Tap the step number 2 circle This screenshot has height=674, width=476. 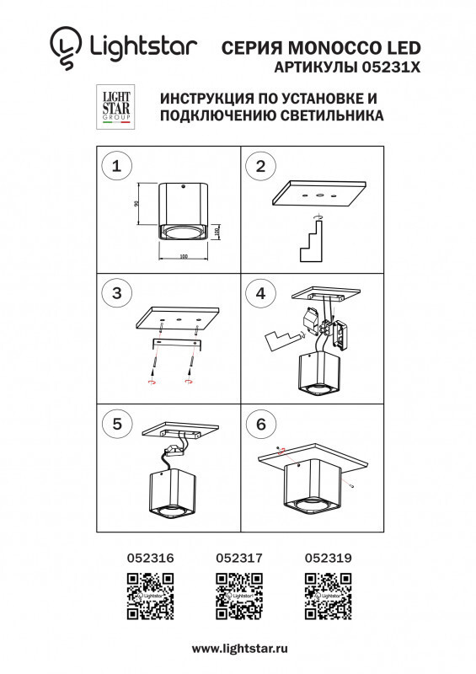pos(260,166)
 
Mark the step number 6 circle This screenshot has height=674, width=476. pos(260,424)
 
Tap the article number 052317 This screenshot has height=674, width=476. pos(240,557)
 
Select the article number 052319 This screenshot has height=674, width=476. pos(328,557)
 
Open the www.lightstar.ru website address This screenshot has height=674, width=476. pos(240,649)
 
